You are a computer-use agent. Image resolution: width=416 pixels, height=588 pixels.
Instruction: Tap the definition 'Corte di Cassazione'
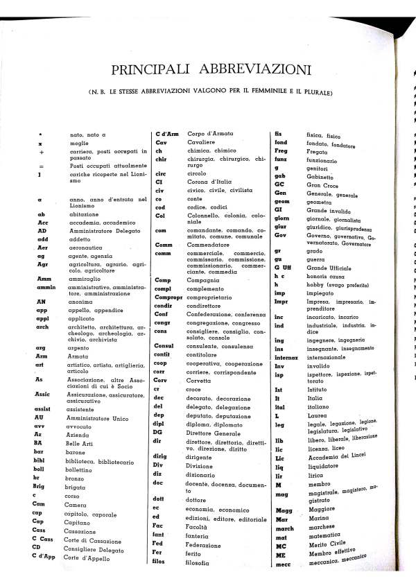pyautogui.click(x=90, y=539)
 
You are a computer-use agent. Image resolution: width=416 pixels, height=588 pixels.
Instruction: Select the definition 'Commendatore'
pyautogui.click(x=210, y=245)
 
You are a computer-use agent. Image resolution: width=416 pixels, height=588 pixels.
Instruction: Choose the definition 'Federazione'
pyautogui.click(x=207, y=544)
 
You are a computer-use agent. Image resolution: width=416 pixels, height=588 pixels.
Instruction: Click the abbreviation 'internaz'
pyautogui.click(x=288, y=357)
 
